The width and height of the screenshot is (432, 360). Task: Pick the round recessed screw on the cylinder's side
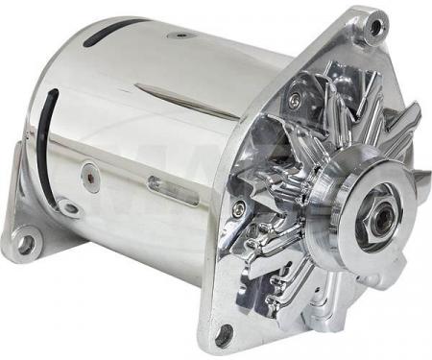(88, 175)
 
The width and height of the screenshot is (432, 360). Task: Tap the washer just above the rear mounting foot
(67, 205)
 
